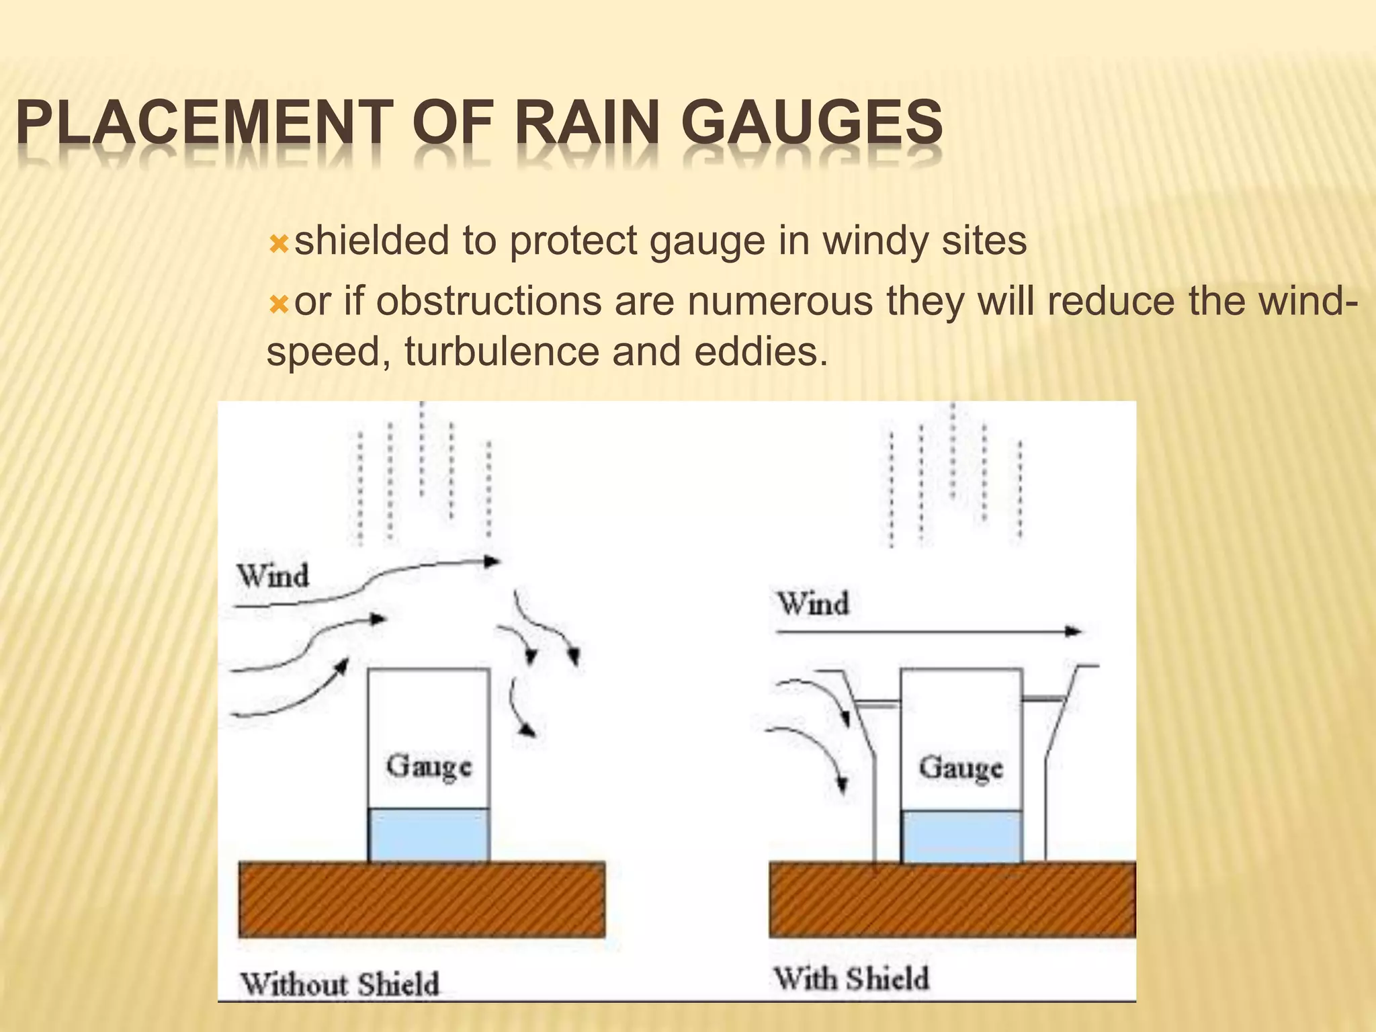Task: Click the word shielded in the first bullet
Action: tap(370, 240)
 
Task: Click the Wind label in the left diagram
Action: tap(273, 576)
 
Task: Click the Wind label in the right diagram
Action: tap(813, 603)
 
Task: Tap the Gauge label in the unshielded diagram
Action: tap(429, 767)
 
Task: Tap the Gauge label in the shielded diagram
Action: tap(961, 768)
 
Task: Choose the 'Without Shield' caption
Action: tap(340, 984)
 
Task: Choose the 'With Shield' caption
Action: tap(852, 978)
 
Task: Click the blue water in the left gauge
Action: tap(429, 834)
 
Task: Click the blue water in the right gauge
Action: tap(961, 836)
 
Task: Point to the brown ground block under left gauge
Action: tap(422, 899)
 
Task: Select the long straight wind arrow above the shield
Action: tap(927, 632)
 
